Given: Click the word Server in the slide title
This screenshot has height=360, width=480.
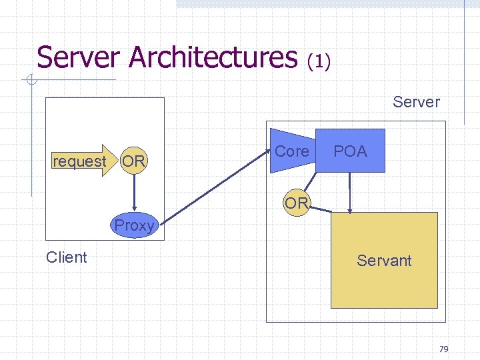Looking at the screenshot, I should [x=80, y=57].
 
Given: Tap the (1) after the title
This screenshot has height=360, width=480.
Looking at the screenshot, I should [x=319, y=61].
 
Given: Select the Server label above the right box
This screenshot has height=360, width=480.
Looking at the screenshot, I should [x=416, y=102].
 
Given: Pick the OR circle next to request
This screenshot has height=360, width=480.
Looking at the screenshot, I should [x=134, y=161].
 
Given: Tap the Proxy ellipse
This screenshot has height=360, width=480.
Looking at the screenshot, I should [x=134, y=225].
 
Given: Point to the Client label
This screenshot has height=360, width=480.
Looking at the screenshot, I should [x=66, y=257].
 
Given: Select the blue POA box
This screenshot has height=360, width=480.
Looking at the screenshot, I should [x=351, y=151].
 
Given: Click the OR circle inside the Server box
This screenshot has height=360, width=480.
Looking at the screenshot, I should [x=296, y=202].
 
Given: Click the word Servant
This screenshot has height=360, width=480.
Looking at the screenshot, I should [x=384, y=261].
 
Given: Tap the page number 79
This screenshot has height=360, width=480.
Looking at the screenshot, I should [x=444, y=349].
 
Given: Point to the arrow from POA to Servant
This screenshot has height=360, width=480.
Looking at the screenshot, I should [x=349, y=193].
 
